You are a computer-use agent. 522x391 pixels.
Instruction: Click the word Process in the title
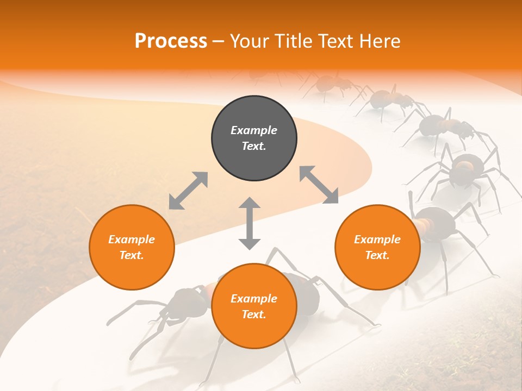point(171,41)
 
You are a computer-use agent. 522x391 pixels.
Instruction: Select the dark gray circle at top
point(254,138)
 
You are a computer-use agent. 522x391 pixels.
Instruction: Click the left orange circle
point(132,247)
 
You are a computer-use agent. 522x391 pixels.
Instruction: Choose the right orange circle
point(377,247)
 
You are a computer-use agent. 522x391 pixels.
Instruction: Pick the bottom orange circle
point(254,306)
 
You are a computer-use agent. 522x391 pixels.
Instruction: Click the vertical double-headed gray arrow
point(250,223)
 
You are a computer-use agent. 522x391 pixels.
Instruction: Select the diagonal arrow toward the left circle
point(188,190)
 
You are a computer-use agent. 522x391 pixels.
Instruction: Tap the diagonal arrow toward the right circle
point(319,185)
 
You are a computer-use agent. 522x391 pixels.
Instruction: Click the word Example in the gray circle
point(254,130)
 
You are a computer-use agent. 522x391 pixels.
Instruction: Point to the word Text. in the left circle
point(132,255)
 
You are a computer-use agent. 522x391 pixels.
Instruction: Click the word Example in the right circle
point(377,239)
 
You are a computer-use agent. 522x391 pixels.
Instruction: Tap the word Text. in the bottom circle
point(254,314)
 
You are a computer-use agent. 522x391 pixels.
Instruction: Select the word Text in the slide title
point(332,41)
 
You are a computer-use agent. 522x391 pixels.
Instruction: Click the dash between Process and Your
point(218,41)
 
